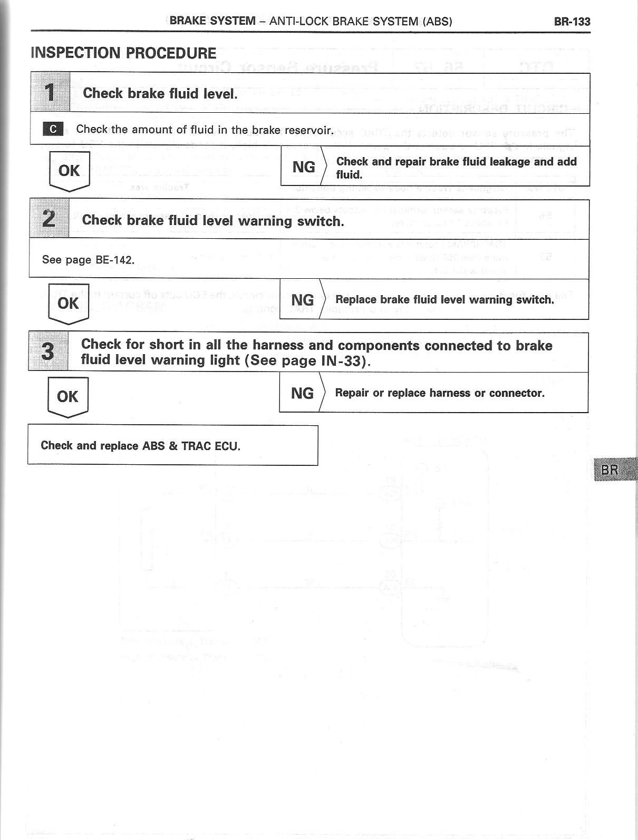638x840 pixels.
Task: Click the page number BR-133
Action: pos(572,22)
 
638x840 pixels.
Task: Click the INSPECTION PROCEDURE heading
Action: pos(123,53)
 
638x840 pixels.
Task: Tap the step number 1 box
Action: pos(50,93)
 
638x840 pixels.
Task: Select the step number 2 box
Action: pos(49,219)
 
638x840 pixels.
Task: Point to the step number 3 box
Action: pos(48,351)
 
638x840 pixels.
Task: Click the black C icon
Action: pos(53,129)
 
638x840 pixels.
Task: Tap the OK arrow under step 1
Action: pos(69,171)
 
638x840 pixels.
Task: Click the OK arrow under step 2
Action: pos(68,304)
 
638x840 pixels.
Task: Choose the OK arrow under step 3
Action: pos(67,397)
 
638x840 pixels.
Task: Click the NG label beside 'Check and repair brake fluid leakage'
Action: pos(304,167)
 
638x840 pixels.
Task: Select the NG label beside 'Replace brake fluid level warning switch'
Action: pos(303,300)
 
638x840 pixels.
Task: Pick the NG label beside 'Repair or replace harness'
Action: pos(302,393)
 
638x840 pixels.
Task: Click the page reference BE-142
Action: pos(114,260)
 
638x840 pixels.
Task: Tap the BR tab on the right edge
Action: pos(612,469)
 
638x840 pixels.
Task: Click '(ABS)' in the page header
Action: pos(437,22)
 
